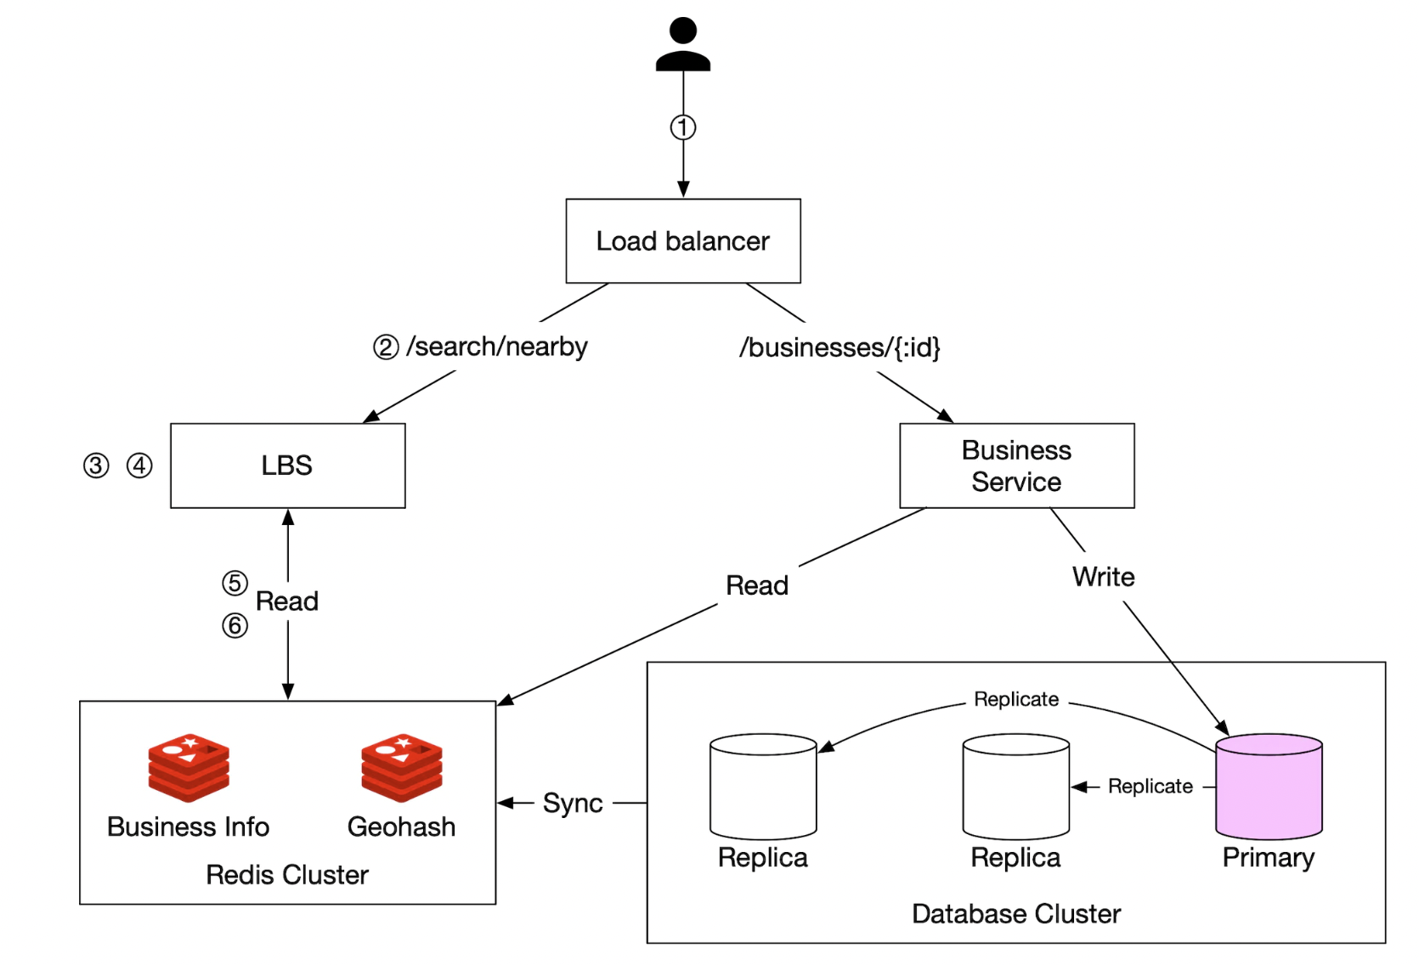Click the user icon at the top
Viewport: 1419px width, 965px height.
682,44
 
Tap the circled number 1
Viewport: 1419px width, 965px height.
682,127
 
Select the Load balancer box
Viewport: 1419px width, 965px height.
682,241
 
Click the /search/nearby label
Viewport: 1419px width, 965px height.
497,347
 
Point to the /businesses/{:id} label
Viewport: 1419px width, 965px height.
840,347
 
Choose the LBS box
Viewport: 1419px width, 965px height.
287,466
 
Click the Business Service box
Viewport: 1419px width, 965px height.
1016,466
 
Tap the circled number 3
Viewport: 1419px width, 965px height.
96,466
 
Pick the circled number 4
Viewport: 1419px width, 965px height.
139,466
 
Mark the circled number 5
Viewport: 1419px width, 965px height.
235,583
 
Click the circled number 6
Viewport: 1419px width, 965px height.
235,626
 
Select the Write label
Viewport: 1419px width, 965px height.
1103,577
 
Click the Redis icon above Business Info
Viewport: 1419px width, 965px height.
189,767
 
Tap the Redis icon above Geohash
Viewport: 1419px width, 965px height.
401,767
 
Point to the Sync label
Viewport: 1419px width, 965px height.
573,803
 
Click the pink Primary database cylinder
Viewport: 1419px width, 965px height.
1269,787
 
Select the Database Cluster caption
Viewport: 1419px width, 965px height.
1016,914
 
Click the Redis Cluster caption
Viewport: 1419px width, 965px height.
287,875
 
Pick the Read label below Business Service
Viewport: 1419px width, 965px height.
757,585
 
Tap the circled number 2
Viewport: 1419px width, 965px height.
386,347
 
